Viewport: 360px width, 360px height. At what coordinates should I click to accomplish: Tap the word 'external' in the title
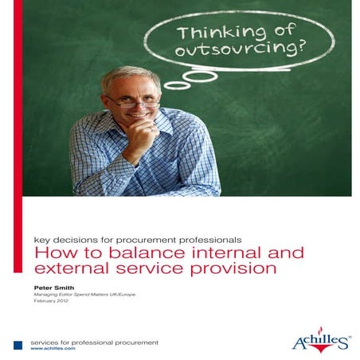point(68,269)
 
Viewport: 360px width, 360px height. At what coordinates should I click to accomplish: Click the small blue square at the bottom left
point(18,345)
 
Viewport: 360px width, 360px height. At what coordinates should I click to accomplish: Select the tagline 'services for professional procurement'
point(94,342)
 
